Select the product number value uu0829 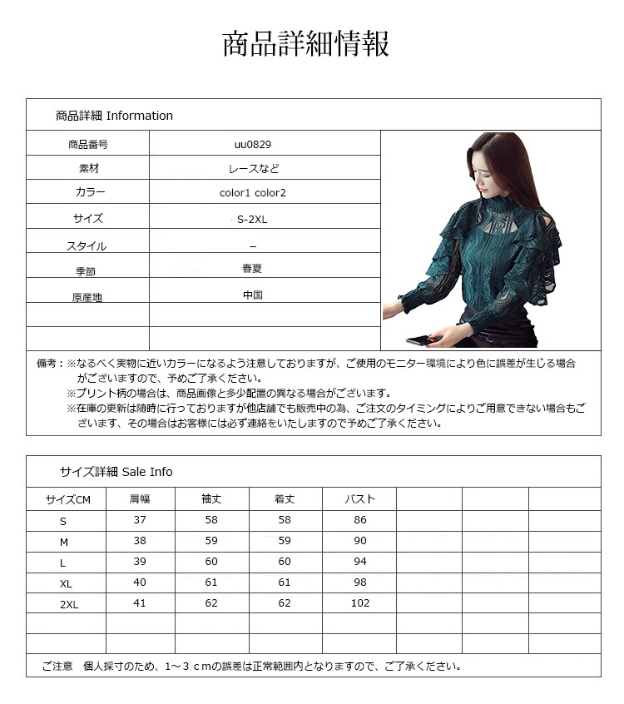click(x=252, y=144)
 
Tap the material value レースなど click(x=254, y=168)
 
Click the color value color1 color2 click(x=252, y=192)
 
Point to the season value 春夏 click(x=252, y=269)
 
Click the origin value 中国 click(x=253, y=295)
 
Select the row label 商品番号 click(x=87, y=144)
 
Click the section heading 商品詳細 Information click(x=114, y=116)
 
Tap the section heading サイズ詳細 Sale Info click(x=116, y=472)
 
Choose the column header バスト click(x=360, y=499)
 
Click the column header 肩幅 click(x=139, y=499)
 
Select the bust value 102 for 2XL click(x=360, y=603)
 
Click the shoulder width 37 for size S click(x=139, y=520)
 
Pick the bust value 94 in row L click(x=360, y=562)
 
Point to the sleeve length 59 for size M click(x=211, y=541)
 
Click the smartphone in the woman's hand click(x=415, y=340)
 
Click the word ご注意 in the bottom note click(x=57, y=666)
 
